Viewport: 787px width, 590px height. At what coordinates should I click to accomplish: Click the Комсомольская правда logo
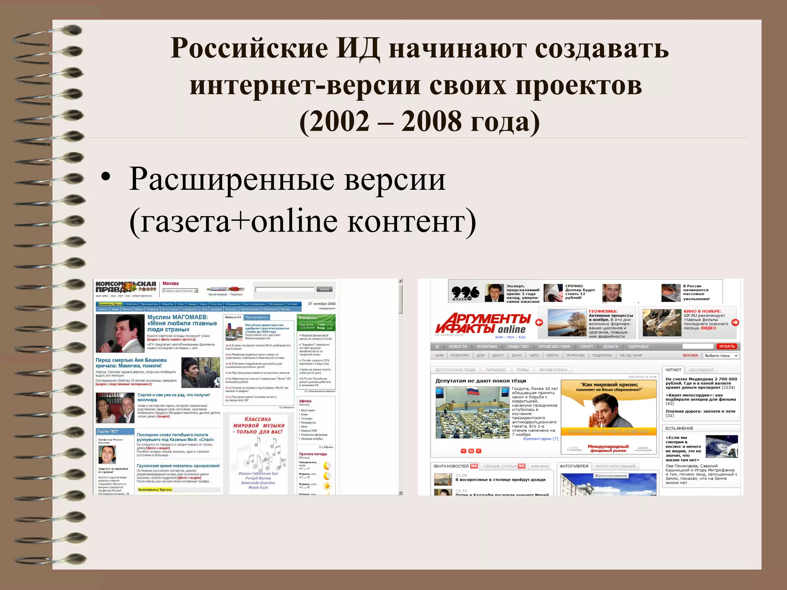(126, 287)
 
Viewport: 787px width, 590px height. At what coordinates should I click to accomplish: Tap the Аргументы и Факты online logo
(483, 323)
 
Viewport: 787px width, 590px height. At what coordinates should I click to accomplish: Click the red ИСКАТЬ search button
(727, 346)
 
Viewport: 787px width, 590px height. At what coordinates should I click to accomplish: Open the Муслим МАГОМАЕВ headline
(182, 323)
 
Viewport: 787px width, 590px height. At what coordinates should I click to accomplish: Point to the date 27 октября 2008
(322, 304)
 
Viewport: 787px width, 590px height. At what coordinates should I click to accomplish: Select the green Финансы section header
(316, 318)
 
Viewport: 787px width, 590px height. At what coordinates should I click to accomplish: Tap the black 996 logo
(466, 293)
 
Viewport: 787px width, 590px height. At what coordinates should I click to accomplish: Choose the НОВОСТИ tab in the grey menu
(458, 346)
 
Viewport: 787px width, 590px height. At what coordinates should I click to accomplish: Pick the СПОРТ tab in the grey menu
(586, 346)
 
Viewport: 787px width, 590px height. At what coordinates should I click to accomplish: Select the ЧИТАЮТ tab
(673, 370)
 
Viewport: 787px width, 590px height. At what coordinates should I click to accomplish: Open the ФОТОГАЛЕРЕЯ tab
(574, 466)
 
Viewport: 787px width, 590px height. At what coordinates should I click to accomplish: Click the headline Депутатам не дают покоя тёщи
(481, 381)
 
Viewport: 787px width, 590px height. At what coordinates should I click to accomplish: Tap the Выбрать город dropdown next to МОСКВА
(721, 356)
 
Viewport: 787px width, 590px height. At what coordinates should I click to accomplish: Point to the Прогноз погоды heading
(313, 454)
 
